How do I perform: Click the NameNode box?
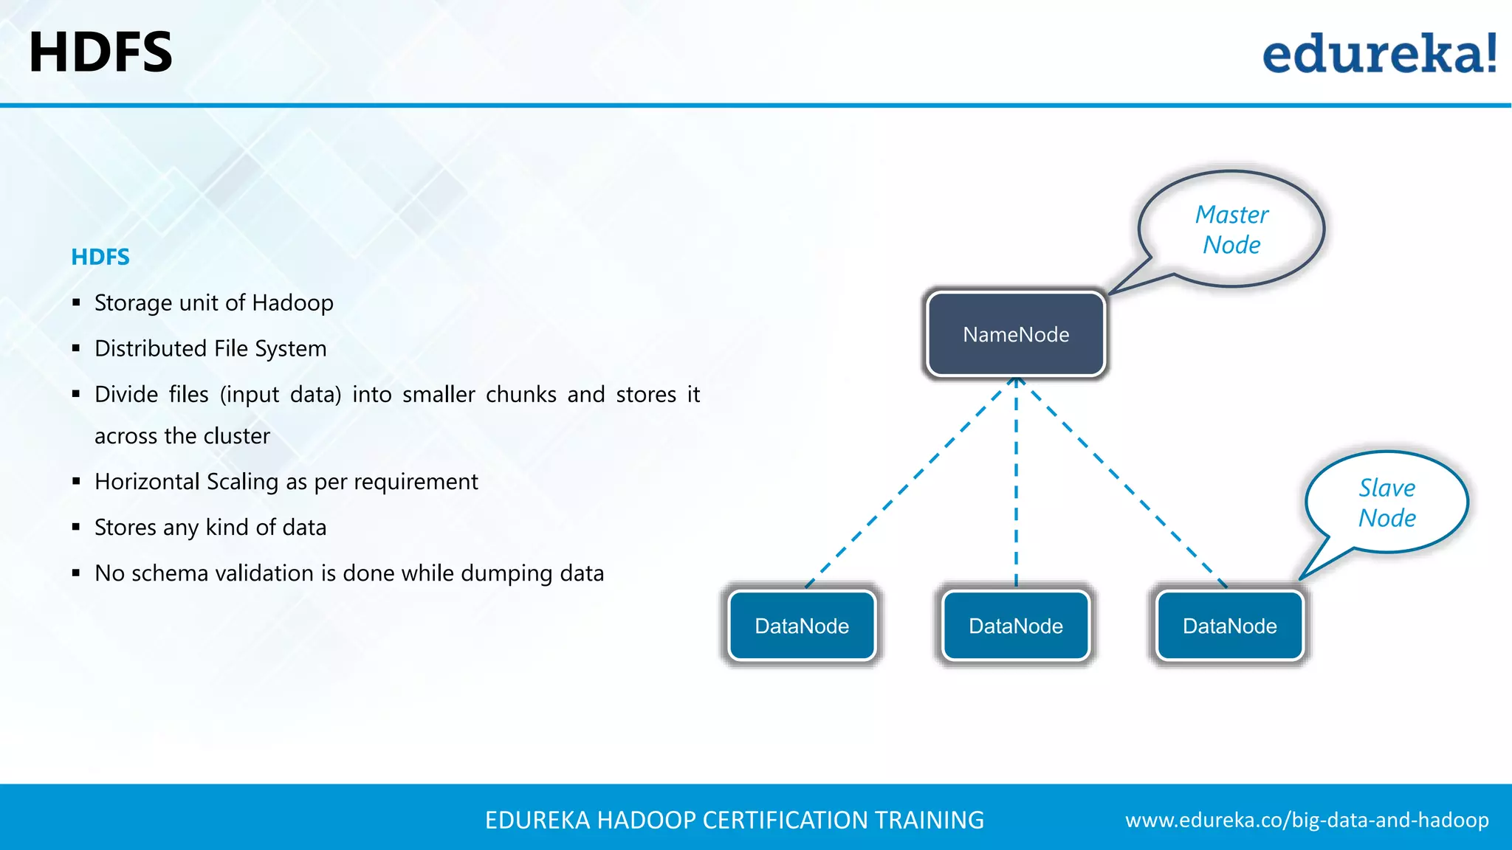click(x=1016, y=334)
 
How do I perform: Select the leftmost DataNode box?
click(x=802, y=626)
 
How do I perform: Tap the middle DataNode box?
click(x=1016, y=626)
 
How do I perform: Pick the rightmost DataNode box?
click(x=1230, y=626)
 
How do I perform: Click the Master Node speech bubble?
click(x=1231, y=229)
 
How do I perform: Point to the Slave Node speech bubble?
click(x=1387, y=502)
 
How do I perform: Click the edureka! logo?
click(x=1379, y=53)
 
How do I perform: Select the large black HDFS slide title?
click(x=100, y=52)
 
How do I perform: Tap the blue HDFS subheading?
click(x=100, y=257)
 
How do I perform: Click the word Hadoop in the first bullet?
click(x=292, y=303)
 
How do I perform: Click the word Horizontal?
click(x=148, y=482)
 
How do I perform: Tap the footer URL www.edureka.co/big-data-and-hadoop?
click(x=1307, y=820)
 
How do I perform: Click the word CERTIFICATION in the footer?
click(x=785, y=820)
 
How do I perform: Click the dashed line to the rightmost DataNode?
click(x=1122, y=483)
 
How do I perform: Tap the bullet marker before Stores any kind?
click(x=76, y=527)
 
